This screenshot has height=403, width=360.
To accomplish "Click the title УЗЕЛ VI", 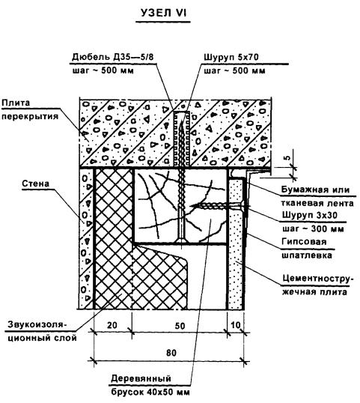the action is coord(163,13).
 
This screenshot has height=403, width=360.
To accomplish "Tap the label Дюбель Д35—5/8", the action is coord(112,56).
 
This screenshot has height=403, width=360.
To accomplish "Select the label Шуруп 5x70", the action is coord(231,57).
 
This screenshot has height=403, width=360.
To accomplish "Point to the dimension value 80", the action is coord(171,353).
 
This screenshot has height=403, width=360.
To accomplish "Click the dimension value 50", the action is coord(180,326).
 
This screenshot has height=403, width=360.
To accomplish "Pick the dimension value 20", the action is coord(112,325).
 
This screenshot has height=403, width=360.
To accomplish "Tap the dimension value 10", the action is coord(236,325).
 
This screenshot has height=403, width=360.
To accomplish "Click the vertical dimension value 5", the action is coord(288,157).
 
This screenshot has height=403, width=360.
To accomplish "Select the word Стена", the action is coord(35,184).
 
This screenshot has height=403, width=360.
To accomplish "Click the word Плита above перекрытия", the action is coord(16,103).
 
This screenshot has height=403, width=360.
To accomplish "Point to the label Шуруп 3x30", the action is coord(309,215).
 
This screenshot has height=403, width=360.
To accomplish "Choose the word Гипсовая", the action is coord(305,242).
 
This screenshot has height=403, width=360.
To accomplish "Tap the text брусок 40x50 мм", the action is coord(150,393).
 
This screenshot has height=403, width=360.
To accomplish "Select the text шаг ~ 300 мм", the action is coord(313,228).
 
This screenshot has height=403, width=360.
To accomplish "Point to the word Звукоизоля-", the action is coord(37,324).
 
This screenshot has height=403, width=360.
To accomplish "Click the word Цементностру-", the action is coord(317,279).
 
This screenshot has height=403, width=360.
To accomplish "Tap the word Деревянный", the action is coord(141,378).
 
